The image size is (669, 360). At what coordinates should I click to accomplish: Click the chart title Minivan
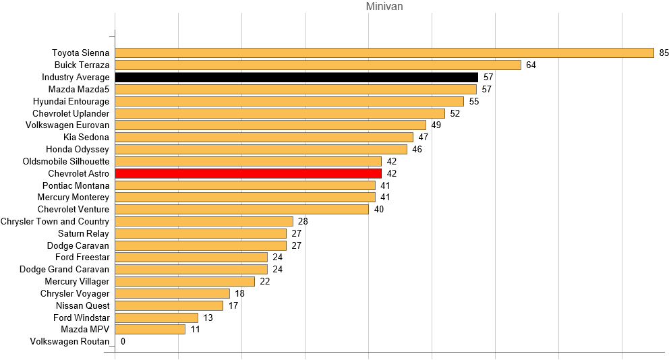[x=384, y=7]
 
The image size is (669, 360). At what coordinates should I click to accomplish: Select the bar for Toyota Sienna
[x=384, y=53]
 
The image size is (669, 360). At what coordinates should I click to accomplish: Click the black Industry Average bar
[x=296, y=78]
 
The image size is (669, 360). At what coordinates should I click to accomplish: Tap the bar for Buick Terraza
[x=318, y=65]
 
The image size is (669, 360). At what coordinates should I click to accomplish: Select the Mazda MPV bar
[x=150, y=330]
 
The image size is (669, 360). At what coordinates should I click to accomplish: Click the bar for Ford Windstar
[x=156, y=318]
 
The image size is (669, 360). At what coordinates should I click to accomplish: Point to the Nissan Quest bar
[x=169, y=305]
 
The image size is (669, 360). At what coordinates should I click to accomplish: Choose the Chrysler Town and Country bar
[x=204, y=222]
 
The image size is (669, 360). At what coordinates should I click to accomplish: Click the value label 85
[x=664, y=53]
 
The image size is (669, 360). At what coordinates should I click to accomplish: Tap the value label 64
[x=531, y=65]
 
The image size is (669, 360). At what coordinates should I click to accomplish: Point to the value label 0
[x=123, y=342]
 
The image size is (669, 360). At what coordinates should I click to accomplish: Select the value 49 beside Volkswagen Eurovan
[x=436, y=125]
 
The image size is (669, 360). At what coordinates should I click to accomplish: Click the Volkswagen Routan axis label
[x=69, y=342]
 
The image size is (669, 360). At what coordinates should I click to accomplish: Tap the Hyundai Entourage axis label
[x=71, y=101]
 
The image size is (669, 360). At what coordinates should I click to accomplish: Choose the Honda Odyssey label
[x=77, y=149]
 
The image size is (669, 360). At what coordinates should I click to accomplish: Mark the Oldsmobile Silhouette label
[x=65, y=161]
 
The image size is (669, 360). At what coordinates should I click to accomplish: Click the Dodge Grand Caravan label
[x=64, y=269]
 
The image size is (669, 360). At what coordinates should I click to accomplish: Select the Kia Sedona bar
[x=264, y=138]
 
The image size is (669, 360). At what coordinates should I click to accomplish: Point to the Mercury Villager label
[x=77, y=281]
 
